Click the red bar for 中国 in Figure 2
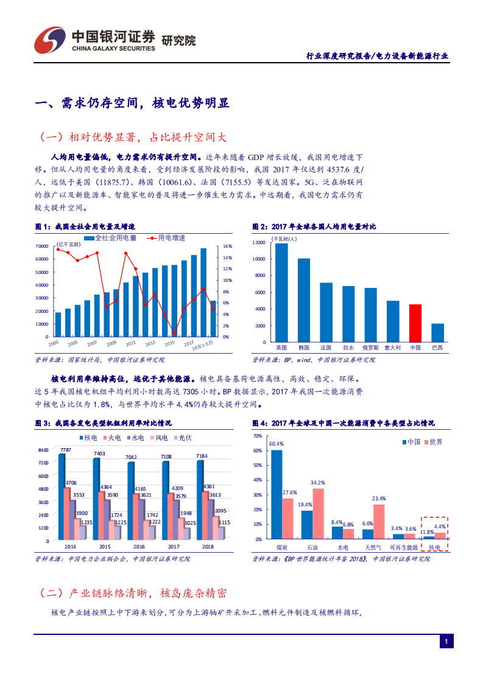coord(415,323)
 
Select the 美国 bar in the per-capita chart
coord(281,292)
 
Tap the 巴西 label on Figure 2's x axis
coord(437,348)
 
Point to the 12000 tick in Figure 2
coord(258,242)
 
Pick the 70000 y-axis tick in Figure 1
coord(42,246)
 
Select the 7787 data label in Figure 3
coord(66,450)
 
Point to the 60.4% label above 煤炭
coord(277,444)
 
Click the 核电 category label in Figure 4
coord(434,548)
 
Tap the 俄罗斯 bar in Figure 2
coord(370,314)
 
